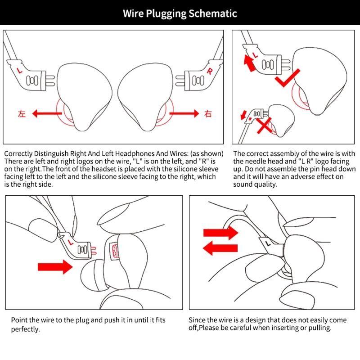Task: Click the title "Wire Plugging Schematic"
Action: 180,13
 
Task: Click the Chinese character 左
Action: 22,113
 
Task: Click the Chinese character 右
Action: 207,114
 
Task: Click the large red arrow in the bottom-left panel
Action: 55,267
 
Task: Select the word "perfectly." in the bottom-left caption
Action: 26,329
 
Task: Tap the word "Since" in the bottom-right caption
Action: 198,320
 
